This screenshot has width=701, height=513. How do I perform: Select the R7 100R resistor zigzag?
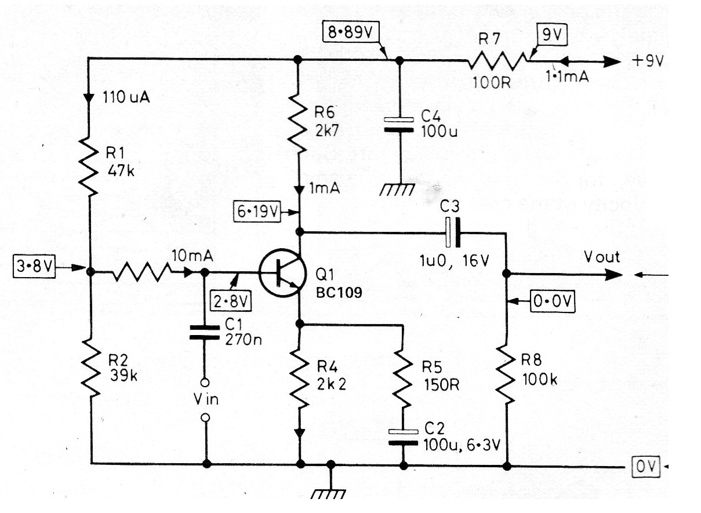pyautogui.click(x=499, y=59)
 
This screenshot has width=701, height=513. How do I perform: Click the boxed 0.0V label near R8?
pyautogui.click(x=551, y=301)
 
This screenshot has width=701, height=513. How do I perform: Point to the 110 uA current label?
pyautogui.click(x=126, y=97)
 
